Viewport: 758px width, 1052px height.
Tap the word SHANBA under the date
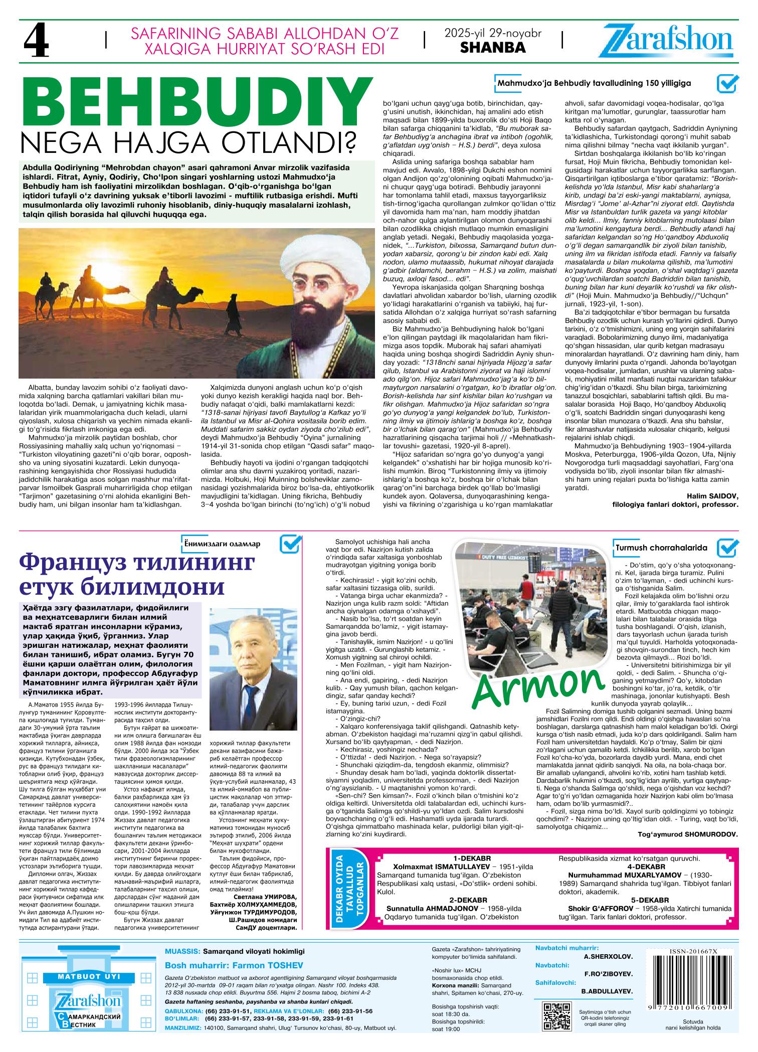click(x=493, y=48)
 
